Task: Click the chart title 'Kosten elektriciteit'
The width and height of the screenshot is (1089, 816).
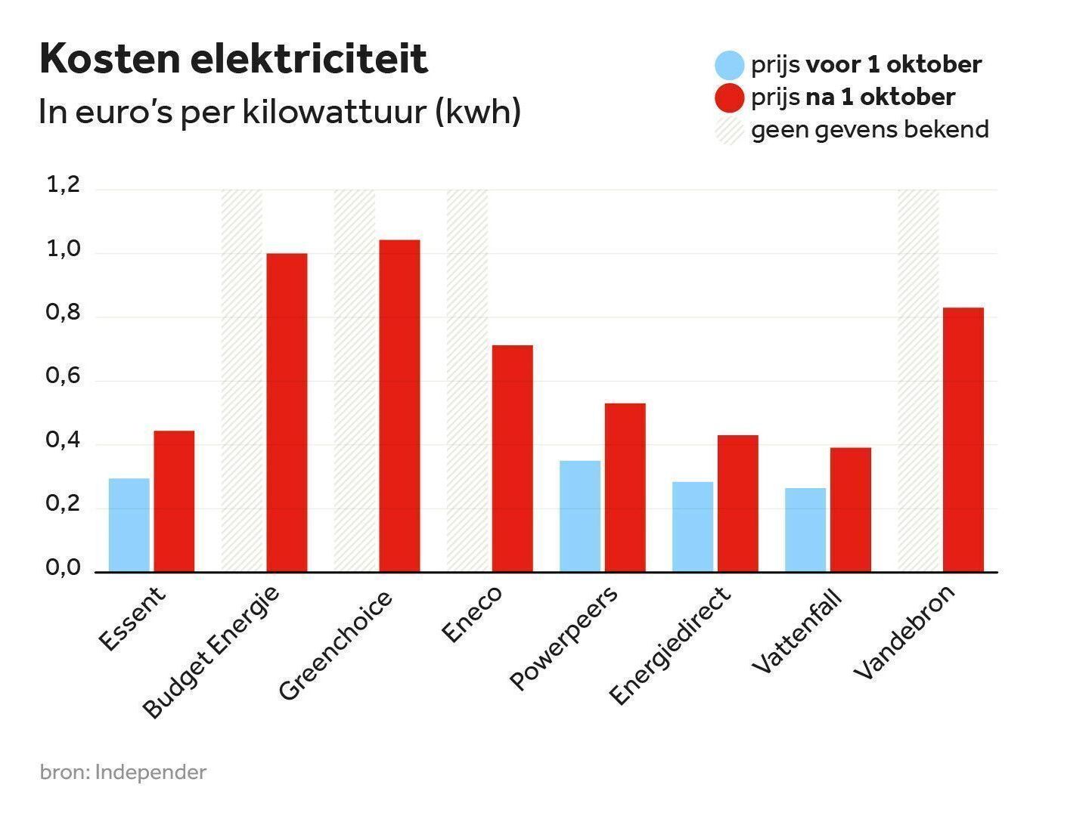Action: (233, 59)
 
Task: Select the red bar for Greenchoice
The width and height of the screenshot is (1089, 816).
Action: (399, 406)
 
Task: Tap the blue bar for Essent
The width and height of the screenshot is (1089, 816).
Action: (129, 525)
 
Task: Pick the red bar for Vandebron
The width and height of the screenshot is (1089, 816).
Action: (963, 440)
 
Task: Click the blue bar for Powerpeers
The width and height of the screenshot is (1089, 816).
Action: (580, 516)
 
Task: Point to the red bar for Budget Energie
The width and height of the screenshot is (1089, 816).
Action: (287, 413)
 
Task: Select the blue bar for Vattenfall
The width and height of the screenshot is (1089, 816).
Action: (805, 530)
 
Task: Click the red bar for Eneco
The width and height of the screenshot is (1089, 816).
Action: (512, 459)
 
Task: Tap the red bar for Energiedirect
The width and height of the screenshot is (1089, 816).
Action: (737, 503)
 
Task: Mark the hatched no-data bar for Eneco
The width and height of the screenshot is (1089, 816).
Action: (467, 381)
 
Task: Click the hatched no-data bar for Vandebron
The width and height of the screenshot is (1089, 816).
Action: (918, 381)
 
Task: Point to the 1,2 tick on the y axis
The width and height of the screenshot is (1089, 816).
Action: (64, 185)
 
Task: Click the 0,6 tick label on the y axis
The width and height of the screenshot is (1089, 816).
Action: (64, 376)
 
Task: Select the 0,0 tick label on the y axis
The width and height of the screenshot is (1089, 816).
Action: (64, 568)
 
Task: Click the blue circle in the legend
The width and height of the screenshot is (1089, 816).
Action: (730, 65)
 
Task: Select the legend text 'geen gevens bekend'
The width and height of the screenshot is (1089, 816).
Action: (870, 130)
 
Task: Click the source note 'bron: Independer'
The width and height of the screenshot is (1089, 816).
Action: (123, 772)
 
